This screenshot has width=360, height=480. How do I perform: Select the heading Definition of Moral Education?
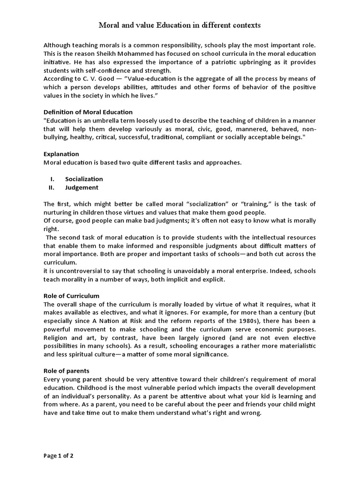88,112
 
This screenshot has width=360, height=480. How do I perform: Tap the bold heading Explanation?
61,154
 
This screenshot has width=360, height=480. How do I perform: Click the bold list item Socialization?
84,179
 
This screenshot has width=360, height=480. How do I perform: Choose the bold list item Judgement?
82,187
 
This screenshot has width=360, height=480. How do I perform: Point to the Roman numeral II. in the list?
52,187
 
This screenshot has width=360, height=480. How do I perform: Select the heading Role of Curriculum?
71,296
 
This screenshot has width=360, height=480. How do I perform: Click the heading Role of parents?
66,371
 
